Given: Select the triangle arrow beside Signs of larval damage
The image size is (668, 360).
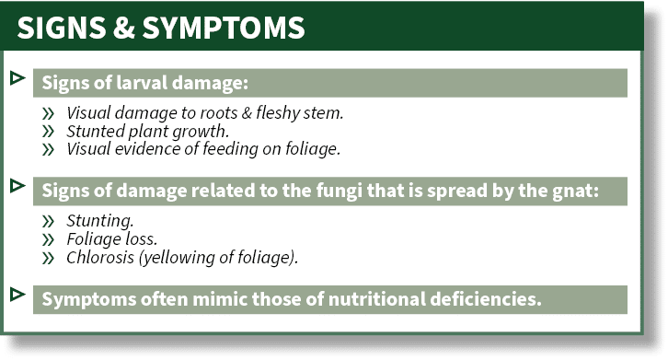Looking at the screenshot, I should click(x=16, y=77).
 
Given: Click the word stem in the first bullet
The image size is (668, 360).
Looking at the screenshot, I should click(x=322, y=115).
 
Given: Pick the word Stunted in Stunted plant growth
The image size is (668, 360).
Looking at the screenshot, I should click(x=93, y=132).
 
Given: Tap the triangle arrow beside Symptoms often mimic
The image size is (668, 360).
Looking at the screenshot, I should click(x=16, y=294).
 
